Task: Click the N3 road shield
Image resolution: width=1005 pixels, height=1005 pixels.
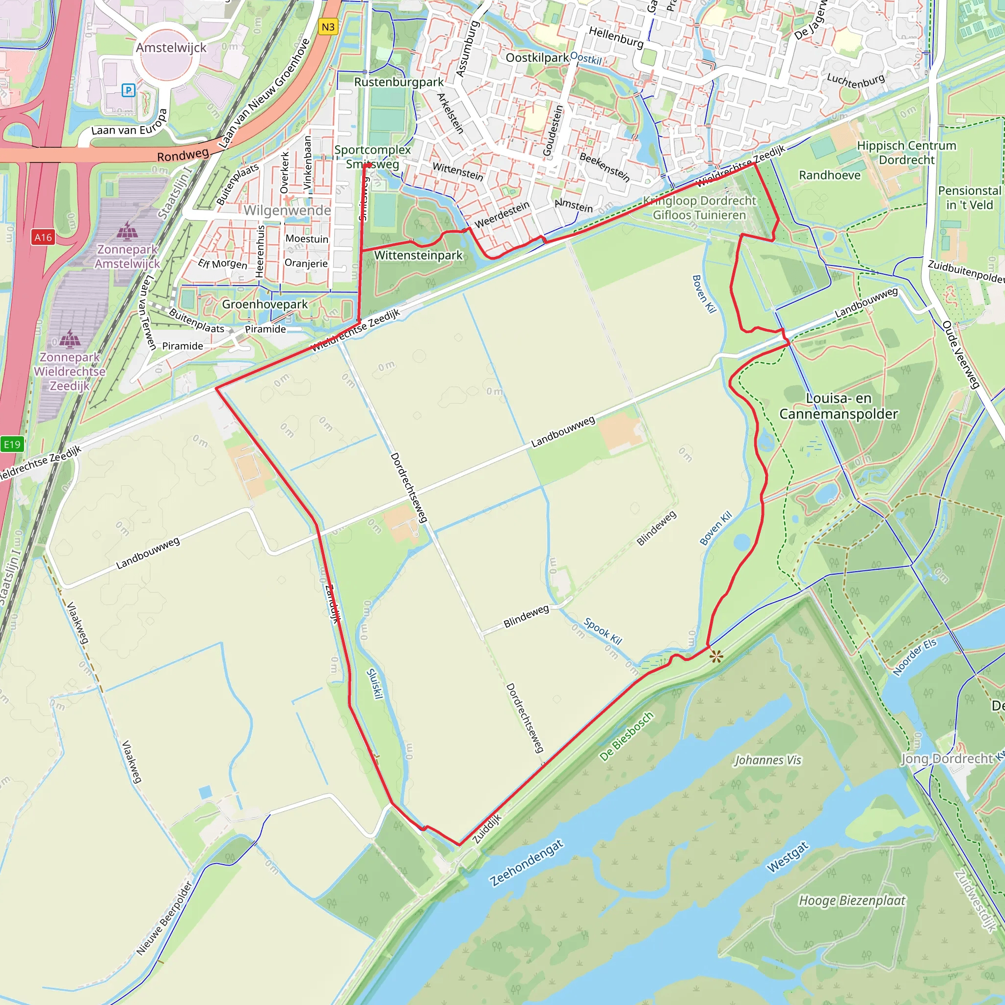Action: (x=328, y=27)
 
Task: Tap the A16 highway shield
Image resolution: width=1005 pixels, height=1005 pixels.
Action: (x=43, y=238)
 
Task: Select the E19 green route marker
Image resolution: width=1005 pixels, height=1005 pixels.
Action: (x=12, y=444)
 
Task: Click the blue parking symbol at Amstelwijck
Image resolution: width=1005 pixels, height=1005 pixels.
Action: (x=128, y=90)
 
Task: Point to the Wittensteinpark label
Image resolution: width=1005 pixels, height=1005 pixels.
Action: (x=418, y=255)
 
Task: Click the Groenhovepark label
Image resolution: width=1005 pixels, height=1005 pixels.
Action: (x=265, y=304)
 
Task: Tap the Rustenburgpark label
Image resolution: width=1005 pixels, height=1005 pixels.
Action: (x=399, y=82)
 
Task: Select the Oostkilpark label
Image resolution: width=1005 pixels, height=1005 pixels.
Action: (x=537, y=58)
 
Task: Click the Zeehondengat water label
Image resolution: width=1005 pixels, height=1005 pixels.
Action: (x=527, y=863)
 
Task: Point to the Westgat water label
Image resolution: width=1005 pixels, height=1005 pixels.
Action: (x=788, y=857)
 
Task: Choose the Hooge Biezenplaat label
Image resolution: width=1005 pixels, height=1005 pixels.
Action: (x=851, y=900)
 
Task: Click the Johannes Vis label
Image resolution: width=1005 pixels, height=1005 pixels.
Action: (x=767, y=761)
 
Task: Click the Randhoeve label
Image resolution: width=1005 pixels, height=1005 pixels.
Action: (x=830, y=175)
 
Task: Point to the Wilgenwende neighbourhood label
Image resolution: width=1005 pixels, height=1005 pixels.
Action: (x=287, y=211)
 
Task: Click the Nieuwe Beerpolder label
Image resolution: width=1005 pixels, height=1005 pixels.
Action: (x=164, y=918)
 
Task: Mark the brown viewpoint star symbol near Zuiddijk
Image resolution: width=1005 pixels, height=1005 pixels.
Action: (x=716, y=657)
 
